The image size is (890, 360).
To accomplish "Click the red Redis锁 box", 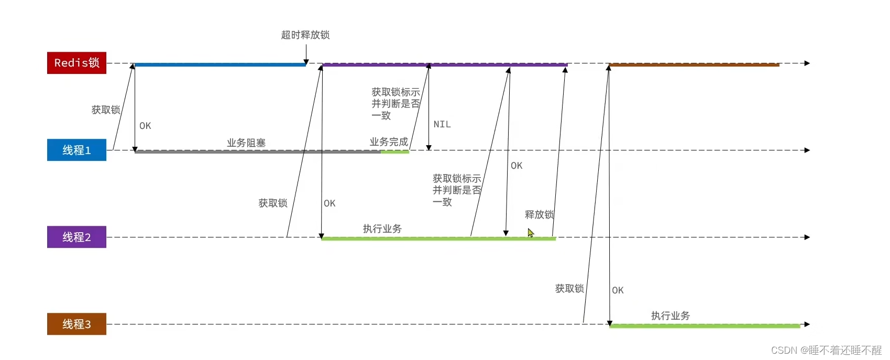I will click(76, 63).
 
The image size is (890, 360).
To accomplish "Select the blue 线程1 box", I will click(76, 150).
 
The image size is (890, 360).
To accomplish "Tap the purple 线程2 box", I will click(76, 237).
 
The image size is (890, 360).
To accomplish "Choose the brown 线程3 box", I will click(76, 324).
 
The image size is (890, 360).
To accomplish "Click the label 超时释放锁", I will click(305, 35).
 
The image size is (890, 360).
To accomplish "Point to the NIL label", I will click(442, 125).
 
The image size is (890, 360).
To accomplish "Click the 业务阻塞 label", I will click(246, 143).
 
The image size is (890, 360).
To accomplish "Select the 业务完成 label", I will click(389, 142).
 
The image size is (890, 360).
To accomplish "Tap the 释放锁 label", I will click(539, 214).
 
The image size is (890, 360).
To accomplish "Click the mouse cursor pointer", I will click(530, 232).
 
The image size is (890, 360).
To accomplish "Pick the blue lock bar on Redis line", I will click(220, 65).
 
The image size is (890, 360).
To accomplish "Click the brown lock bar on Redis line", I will click(694, 65).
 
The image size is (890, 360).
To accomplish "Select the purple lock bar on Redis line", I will click(445, 65).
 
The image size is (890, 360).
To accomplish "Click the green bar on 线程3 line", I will click(705, 326).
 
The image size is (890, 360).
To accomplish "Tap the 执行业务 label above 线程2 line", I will click(382, 229).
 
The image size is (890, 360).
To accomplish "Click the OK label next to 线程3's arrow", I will click(618, 290).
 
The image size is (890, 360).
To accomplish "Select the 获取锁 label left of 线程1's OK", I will click(106, 110).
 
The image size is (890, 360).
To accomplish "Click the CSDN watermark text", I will click(826, 350).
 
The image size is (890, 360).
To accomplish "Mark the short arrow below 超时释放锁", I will click(306, 54).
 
